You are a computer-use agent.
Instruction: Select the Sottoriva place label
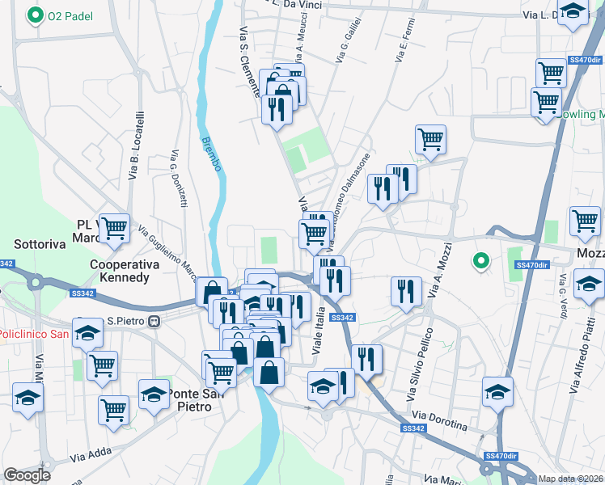(x=40, y=243)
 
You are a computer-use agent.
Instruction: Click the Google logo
(x=27, y=474)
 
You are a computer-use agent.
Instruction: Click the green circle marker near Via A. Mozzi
(x=480, y=260)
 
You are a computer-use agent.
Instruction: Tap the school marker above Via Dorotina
(x=497, y=393)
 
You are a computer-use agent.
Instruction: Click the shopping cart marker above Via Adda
(x=113, y=408)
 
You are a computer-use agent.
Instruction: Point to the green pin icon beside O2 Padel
(x=36, y=15)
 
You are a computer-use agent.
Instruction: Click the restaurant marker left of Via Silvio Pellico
(x=405, y=292)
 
